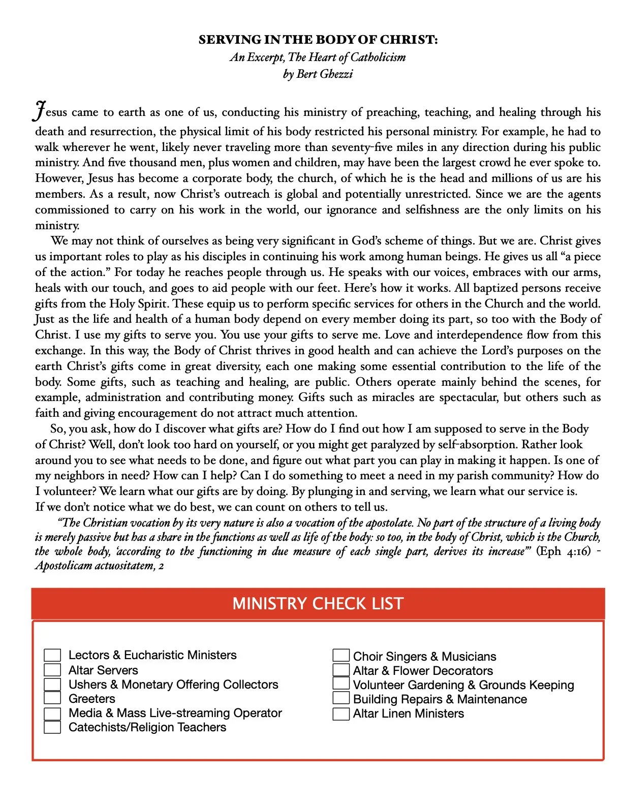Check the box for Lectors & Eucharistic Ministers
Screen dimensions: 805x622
(52, 655)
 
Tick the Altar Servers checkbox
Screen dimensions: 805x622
(52, 670)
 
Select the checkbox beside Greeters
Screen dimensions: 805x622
(52, 698)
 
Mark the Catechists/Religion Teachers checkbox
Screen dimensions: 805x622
(52, 727)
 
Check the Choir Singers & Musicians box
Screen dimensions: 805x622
(341, 656)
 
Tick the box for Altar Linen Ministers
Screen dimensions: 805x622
(341, 714)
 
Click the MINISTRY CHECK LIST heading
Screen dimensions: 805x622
(318, 603)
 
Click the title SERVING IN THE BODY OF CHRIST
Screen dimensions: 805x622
(318, 40)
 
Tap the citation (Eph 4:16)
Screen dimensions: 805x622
(564, 551)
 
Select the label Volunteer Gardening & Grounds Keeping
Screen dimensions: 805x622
(463, 685)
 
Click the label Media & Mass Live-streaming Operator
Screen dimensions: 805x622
(175, 713)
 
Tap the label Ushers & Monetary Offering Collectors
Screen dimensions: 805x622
(173, 685)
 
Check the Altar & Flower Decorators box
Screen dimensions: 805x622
(341, 670)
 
